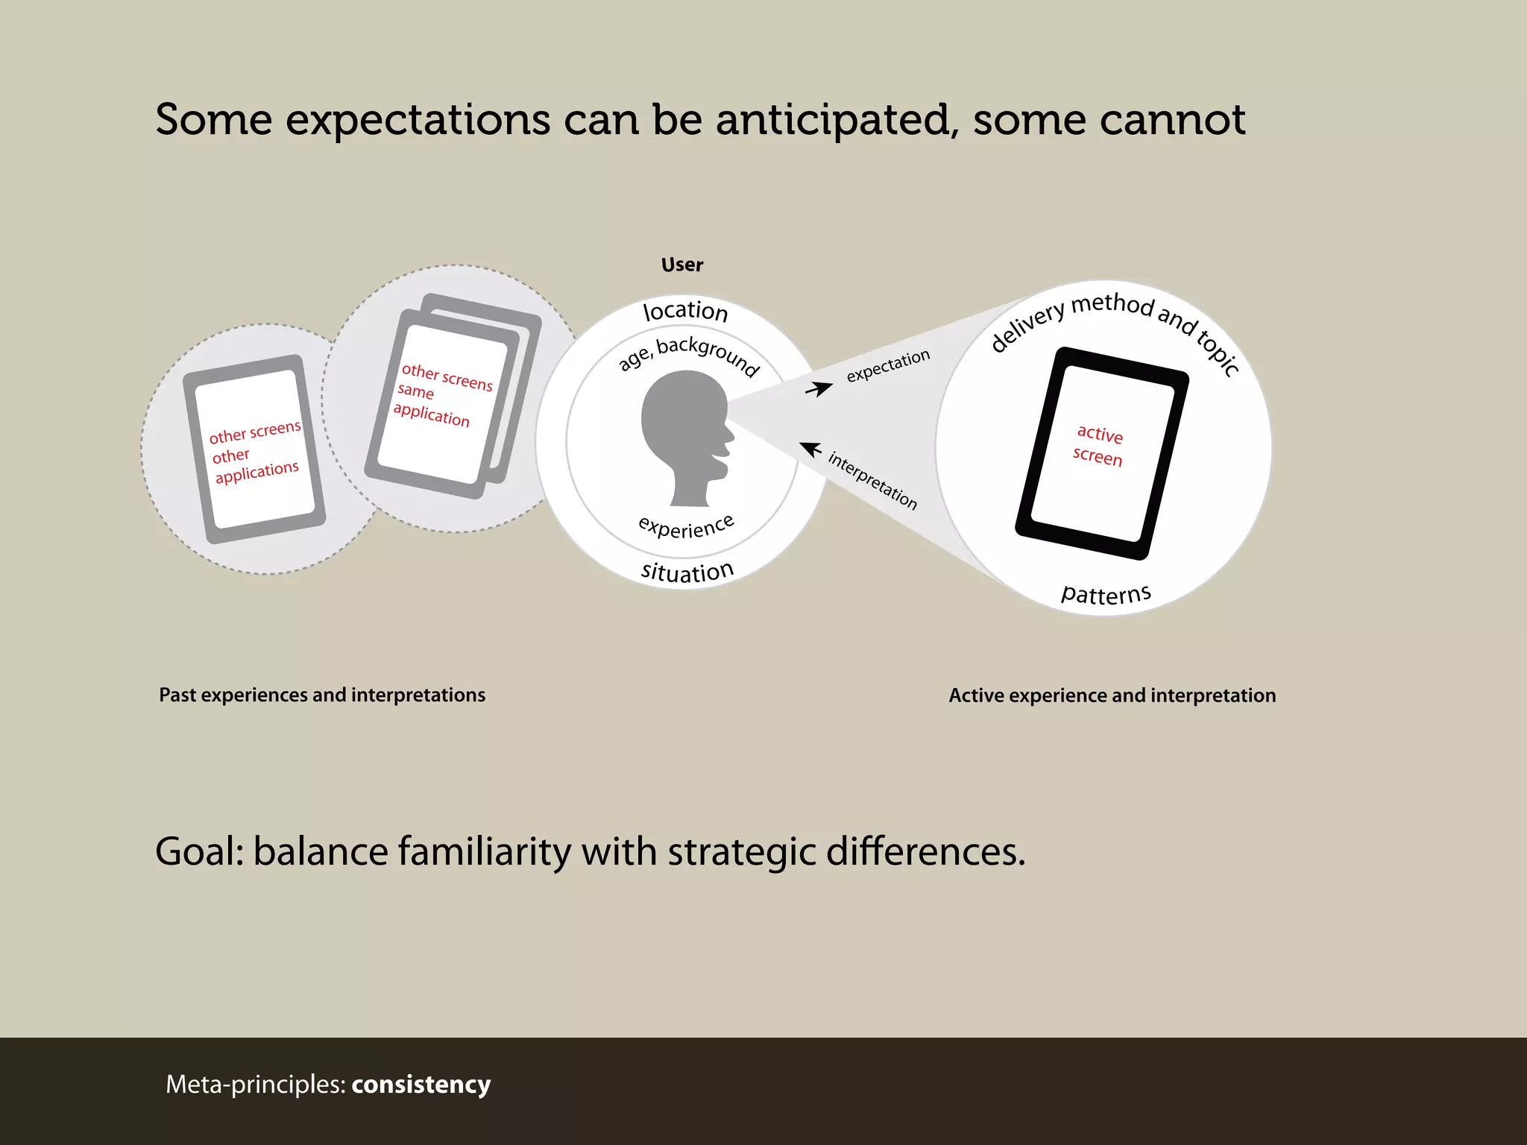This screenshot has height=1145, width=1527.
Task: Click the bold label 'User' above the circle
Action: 681,265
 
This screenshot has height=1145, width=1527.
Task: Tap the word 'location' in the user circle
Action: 685,311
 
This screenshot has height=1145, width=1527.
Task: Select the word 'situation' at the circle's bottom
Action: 687,572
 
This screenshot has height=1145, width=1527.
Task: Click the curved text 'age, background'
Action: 689,355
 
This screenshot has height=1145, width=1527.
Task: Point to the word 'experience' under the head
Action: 687,526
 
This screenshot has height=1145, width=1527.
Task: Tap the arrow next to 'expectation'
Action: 819,388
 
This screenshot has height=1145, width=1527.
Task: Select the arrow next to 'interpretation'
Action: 810,450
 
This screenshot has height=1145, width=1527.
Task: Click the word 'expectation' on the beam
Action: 887,366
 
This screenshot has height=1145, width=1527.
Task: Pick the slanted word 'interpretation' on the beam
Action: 872,481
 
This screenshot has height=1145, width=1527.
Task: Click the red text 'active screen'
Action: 1098,445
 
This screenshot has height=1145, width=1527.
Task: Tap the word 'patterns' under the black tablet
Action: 1106,594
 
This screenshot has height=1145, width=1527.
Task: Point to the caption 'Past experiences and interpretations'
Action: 322,695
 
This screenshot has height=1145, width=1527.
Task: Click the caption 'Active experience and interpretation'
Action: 1112,695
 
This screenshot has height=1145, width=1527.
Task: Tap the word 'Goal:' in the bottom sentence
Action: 199,851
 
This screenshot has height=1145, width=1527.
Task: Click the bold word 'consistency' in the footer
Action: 421,1084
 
